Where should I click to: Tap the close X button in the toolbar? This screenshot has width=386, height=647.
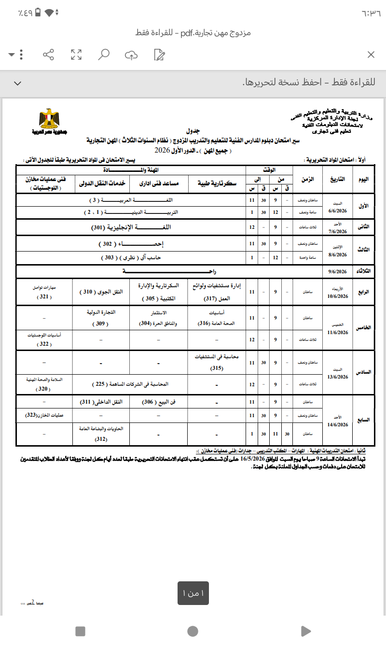click(x=371, y=55)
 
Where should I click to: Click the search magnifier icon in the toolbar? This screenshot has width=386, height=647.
click(x=104, y=55)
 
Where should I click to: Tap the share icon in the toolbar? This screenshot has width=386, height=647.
click(x=48, y=55)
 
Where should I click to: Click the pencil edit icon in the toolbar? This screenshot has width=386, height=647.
click(x=160, y=55)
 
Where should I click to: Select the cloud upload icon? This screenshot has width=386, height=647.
click(x=131, y=55)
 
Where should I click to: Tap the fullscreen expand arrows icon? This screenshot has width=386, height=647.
click(x=76, y=55)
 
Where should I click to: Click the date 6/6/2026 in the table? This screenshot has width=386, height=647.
click(x=338, y=211)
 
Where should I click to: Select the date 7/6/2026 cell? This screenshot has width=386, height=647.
click(x=338, y=231)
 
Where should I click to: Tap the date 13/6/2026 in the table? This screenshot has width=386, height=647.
click(x=338, y=377)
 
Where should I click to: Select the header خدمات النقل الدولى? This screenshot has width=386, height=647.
click(x=103, y=183)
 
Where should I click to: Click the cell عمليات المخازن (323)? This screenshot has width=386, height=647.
click(x=44, y=415)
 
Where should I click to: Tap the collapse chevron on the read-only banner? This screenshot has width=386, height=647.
click(x=18, y=83)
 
